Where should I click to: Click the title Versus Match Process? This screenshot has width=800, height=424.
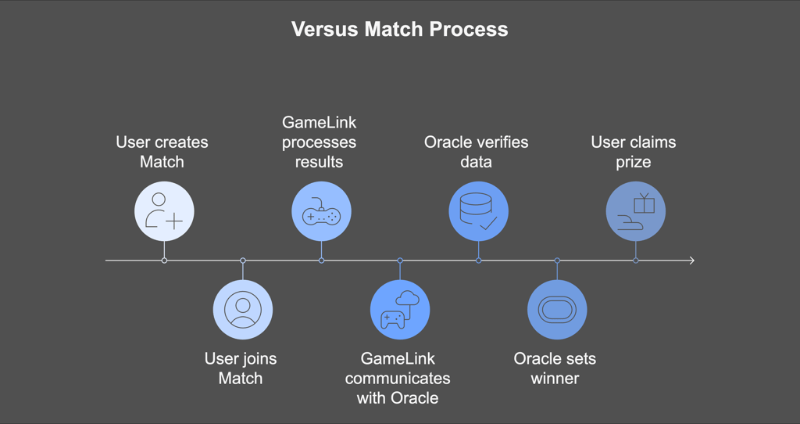pos(399,29)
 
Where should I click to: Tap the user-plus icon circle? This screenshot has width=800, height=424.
pos(164,211)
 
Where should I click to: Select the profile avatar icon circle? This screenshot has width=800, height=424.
pos(243,310)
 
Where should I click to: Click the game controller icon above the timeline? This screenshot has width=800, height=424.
pos(321,211)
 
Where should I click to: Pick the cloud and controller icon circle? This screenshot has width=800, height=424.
pos(400,310)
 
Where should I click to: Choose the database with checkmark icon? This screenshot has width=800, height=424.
pos(479,211)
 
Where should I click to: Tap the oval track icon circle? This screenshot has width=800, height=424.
pos(557,310)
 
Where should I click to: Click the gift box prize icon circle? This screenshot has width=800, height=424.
pos(636,211)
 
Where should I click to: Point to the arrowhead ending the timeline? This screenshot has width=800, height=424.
pos(692,261)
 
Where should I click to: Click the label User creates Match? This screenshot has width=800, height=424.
pos(162,152)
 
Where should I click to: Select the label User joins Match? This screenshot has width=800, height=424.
pos(241,368)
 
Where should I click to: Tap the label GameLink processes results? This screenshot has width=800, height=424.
pos(320,142)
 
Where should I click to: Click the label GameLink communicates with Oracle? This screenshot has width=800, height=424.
pos(398,378)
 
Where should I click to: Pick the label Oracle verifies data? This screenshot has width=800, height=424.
pos(476,152)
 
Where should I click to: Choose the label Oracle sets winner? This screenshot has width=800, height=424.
pos(555,368)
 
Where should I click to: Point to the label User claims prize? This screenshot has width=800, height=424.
pos(633,152)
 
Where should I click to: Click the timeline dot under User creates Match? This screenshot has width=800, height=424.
pos(164,261)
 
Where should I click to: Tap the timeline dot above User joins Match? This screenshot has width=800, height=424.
pos(243,261)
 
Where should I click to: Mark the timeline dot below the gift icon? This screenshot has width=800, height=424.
pos(636,261)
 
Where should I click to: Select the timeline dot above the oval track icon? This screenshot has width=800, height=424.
pos(557,261)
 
